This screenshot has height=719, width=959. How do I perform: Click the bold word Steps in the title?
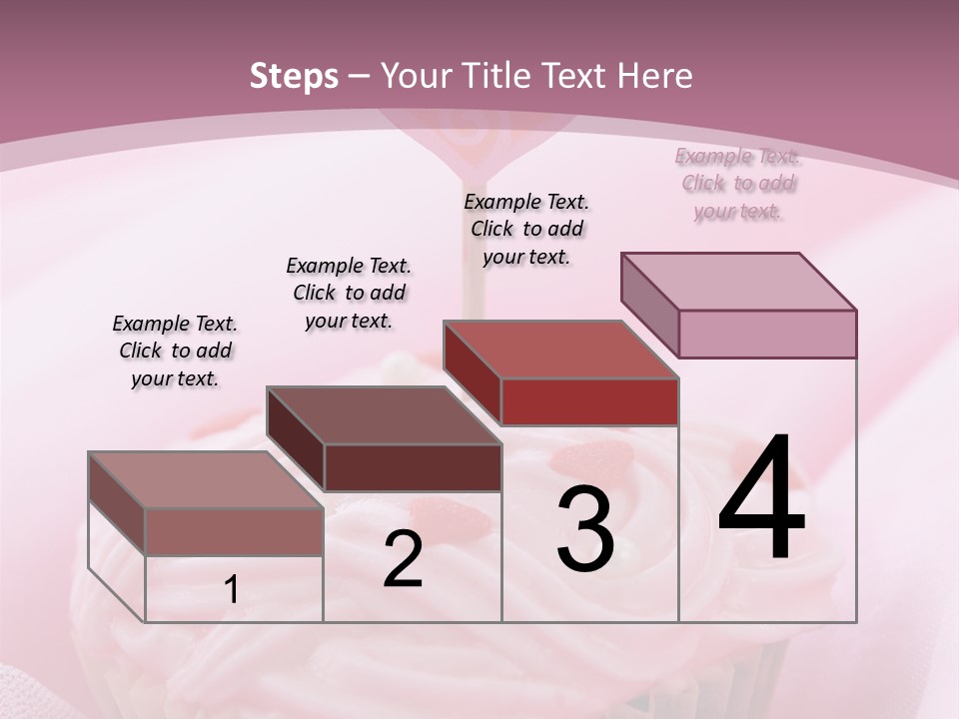tap(294, 76)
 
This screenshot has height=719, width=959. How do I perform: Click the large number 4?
tap(761, 499)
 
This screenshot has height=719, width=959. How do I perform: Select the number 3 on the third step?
tap(585, 529)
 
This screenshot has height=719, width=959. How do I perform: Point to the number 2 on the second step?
tap(403, 559)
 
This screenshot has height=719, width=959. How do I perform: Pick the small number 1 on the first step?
tap(232, 590)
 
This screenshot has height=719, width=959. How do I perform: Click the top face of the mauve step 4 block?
tap(738, 281)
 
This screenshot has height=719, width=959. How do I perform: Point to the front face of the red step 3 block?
tap(589, 401)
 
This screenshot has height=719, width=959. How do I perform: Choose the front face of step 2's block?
tap(413, 467)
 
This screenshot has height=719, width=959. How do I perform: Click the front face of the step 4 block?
tap(767, 334)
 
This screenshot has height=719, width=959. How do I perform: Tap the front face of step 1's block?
tap(234, 531)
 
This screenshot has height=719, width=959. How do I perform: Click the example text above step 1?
tap(175, 351)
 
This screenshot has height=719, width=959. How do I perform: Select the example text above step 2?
tap(349, 293)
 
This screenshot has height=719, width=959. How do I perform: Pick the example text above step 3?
tap(526, 229)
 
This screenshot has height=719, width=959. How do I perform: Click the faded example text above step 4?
tap(738, 183)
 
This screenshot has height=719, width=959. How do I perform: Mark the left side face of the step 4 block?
tap(649, 305)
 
